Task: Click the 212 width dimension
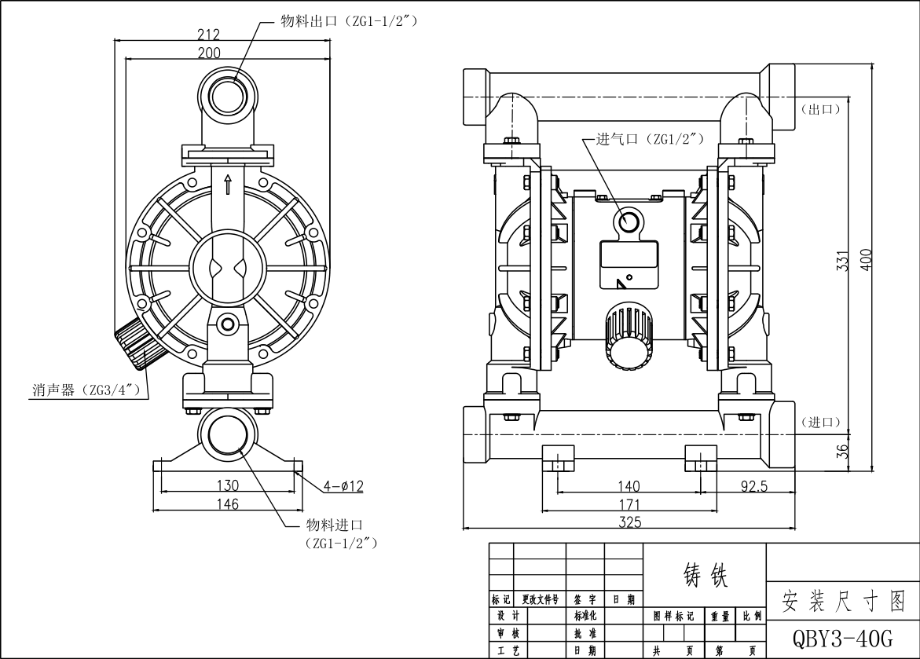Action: coord(208,35)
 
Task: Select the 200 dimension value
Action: coord(209,53)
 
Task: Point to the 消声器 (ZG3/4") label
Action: coord(85,390)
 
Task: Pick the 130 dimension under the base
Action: coord(228,486)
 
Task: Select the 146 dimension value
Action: coord(228,504)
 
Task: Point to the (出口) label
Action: coord(820,108)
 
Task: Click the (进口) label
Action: coord(820,423)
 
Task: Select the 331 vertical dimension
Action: coord(841,261)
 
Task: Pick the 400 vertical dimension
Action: coord(865,261)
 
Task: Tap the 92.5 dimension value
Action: coord(753,486)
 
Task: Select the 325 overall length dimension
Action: coord(630,522)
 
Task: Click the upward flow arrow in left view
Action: coord(228,185)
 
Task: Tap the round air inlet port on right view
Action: coord(630,223)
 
